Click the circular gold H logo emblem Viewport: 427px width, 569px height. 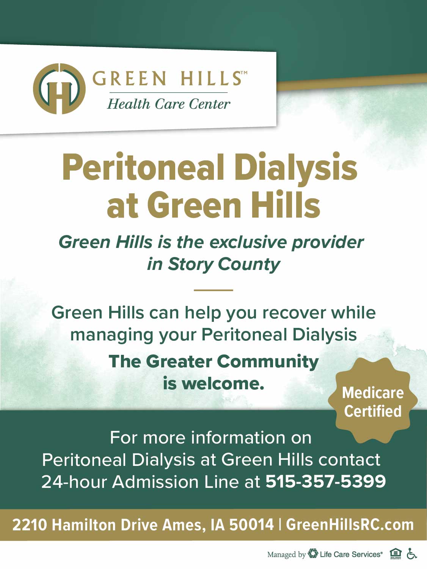(60, 89)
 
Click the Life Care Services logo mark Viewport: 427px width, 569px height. (313, 553)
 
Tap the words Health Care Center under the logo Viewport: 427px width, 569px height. (168, 104)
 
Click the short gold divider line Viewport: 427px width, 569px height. (214, 290)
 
